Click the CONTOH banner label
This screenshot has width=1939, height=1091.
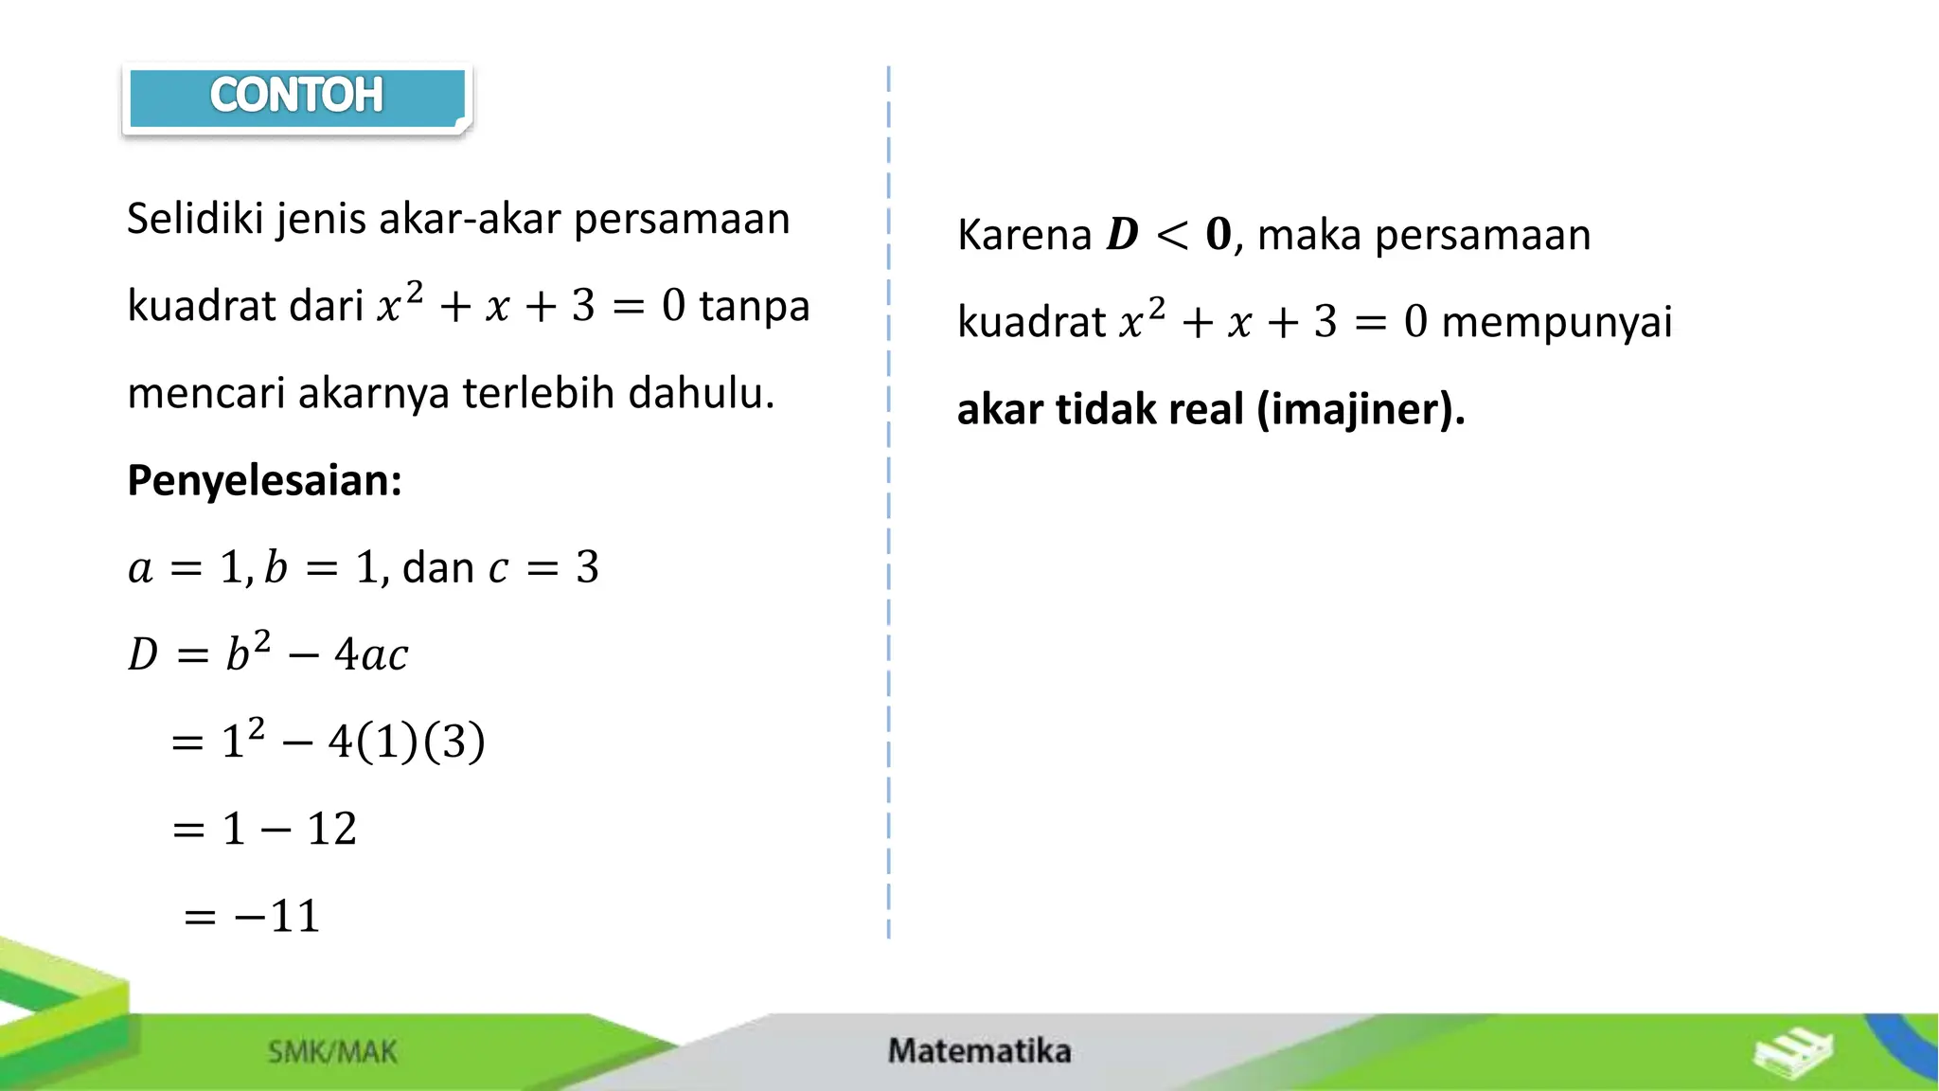click(x=296, y=96)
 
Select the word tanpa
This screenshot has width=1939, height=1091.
click(x=755, y=306)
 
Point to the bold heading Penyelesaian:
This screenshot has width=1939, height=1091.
click(x=264, y=480)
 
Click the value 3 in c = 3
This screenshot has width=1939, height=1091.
click(x=587, y=567)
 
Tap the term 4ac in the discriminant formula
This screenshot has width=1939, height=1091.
click(x=371, y=654)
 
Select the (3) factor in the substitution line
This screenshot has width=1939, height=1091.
click(x=454, y=742)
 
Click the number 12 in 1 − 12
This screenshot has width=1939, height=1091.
click(x=331, y=829)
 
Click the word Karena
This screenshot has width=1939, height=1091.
click(x=1024, y=235)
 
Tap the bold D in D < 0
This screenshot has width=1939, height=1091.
click(x=1122, y=235)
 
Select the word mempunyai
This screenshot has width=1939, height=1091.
click(x=1557, y=322)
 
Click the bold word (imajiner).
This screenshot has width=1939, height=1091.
click(x=1361, y=409)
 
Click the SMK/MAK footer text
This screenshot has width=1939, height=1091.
click(x=332, y=1051)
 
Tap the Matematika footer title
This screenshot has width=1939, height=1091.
click(x=979, y=1050)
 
